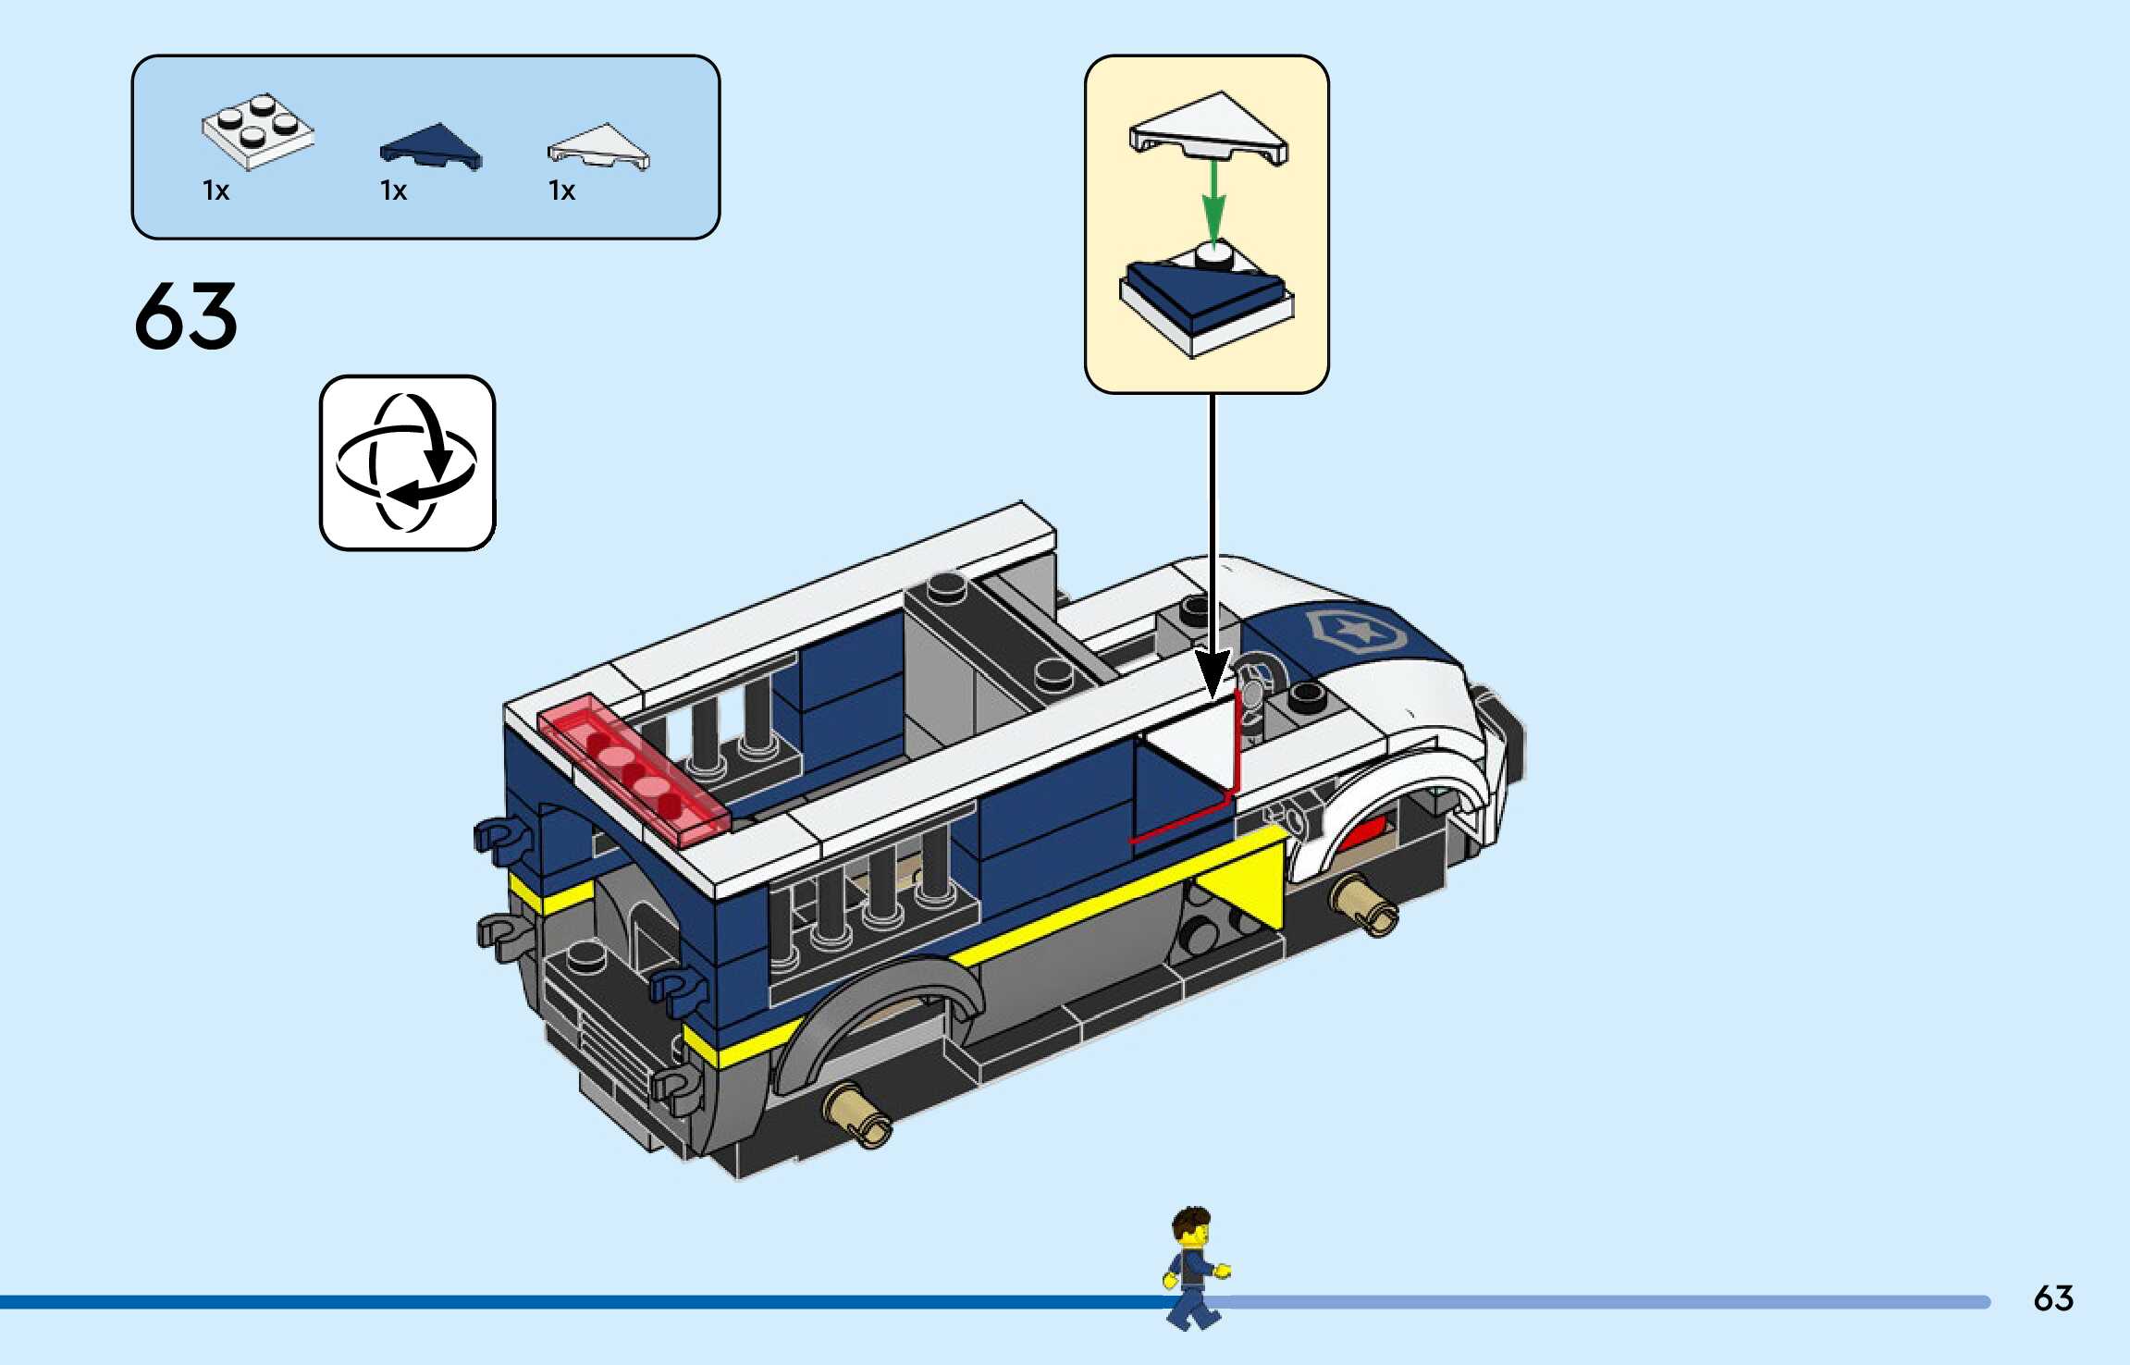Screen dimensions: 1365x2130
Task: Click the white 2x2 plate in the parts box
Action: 257,131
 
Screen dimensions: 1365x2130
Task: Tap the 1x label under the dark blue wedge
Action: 393,191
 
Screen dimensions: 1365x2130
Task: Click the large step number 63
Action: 186,316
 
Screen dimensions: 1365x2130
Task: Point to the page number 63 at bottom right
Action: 2053,1298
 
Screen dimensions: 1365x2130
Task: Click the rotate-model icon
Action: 407,462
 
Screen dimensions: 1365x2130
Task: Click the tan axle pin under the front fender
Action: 1365,904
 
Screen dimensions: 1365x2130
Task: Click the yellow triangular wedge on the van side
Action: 1244,879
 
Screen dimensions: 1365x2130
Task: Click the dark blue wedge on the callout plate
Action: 1198,291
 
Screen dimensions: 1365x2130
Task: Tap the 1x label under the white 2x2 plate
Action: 215,191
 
